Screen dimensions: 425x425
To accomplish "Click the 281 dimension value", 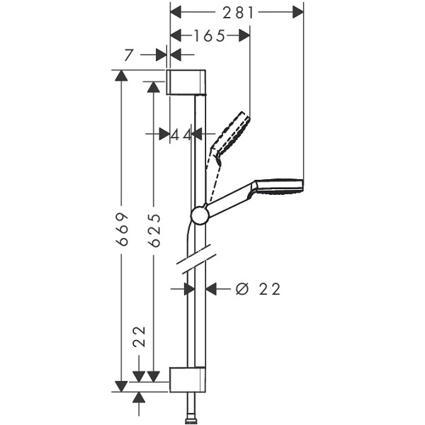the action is (x=238, y=13).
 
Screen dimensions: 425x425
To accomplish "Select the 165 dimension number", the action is (x=209, y=36).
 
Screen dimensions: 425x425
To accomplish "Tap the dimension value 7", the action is (x=129, y=55).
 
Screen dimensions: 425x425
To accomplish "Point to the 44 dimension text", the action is (x=181, y=135).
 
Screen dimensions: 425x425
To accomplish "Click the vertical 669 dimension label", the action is (x=122, y=229).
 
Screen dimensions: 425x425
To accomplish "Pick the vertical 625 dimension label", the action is (x=154, y=230).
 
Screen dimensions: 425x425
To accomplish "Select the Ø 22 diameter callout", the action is (x=258, y=289).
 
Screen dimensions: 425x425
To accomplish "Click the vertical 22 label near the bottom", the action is (x=139, y=336).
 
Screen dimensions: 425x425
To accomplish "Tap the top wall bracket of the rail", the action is (x=186, y=82).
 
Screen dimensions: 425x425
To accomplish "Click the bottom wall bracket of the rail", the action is (x=187, y=380).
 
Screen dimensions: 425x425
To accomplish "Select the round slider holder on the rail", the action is (x=200, y=215).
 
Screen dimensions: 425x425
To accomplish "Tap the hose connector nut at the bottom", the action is (x=192, y=421).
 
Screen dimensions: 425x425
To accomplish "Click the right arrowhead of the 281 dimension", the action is (x=298, y=13).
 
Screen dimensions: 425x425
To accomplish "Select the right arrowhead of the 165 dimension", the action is (x=244, y=36).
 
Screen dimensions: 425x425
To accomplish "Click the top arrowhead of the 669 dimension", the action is (x=121, y=75).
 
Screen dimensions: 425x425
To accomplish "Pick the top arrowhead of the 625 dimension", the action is (x=154, y=86).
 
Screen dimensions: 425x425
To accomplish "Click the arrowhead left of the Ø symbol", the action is (x=211, y=289).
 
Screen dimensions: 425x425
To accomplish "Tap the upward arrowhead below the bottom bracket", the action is (x=139, y=397).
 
